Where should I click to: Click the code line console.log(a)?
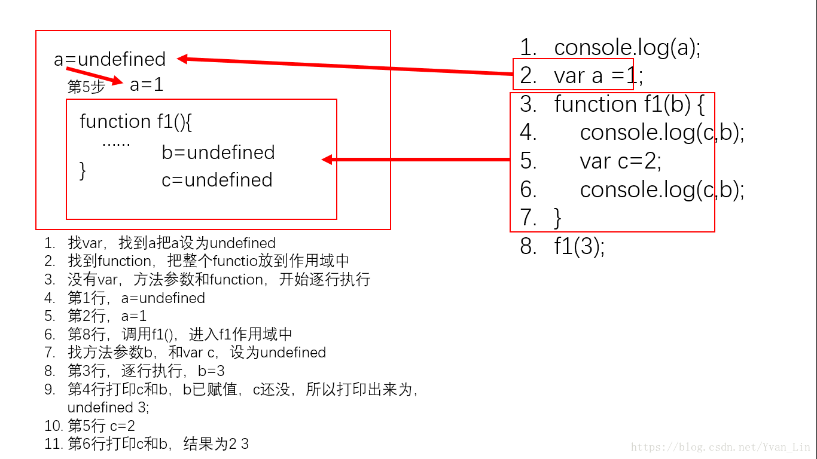627,48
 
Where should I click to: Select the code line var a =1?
599,76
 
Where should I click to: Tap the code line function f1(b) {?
629,105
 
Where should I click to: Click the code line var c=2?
620,161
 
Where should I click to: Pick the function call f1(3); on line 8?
579,246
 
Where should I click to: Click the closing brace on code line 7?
558,218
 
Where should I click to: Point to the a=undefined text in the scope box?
110,59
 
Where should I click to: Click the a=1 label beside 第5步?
147,85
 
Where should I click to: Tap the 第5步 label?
86,87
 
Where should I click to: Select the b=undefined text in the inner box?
218,152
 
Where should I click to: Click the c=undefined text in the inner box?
217,180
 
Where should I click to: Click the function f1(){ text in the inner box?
136,122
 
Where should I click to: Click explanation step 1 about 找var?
172,243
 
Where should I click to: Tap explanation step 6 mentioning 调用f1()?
179,334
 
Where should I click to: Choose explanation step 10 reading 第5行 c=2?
101,426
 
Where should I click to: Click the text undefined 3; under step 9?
108,408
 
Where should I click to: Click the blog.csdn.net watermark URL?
721,447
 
